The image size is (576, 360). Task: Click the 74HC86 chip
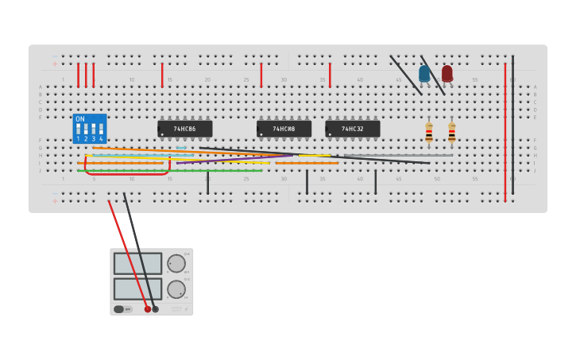point(185,129)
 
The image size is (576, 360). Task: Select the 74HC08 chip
point(284,129)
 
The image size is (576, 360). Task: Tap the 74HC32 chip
point(353,129)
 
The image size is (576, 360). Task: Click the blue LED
point(424,74)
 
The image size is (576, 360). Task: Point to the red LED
point(447,74)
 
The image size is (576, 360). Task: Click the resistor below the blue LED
point(429,134)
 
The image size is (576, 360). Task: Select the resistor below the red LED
point(451,134)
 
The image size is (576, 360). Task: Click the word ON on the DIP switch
point(80,119)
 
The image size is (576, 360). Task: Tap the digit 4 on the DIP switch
point(101,138)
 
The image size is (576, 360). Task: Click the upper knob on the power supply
point(176,263)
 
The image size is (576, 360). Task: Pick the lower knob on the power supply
point(176,289)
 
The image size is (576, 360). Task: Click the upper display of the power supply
point(137,263)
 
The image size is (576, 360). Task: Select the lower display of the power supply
point(137,288)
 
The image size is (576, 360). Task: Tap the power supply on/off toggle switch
point(119,309)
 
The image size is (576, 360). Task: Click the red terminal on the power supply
point(147,309)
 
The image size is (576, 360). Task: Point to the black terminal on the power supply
point(156,309)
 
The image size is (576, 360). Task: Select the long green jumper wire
point(171,171)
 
